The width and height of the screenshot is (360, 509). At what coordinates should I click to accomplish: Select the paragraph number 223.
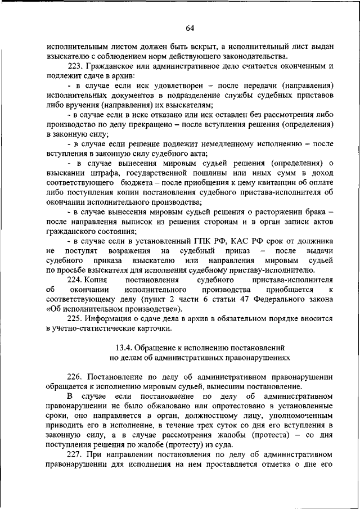[x=75, y=66]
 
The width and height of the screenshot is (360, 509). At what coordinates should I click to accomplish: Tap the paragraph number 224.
[x=75, y=279]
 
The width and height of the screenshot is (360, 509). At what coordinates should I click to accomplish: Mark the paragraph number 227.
[x=75, y=454]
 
